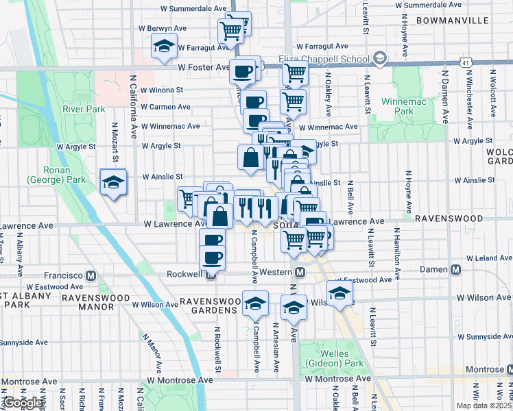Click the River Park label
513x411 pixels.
[84, 109]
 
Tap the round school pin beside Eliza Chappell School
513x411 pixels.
[380, 58]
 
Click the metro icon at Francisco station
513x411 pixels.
[91, 275]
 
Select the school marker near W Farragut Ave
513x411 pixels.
[164, 47]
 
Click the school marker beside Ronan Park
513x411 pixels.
[113, 182]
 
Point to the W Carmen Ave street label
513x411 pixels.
[165, 107]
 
